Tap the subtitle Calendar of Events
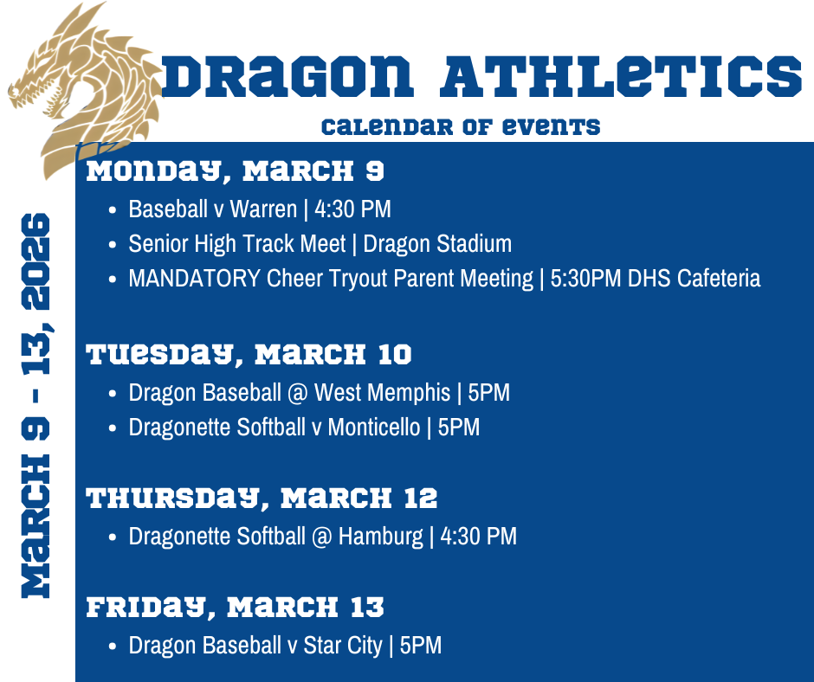(460, 127)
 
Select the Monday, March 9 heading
(235, 171)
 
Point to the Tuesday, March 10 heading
(249, 355)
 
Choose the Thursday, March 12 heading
(262, 499)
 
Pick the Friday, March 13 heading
(235, 608)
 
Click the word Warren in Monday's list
(263, 209)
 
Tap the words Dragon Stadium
(437, 244)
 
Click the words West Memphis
(382, 393)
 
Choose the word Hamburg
(380, 537)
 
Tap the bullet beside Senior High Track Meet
(113, 245)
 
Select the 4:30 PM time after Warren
(352, 209)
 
